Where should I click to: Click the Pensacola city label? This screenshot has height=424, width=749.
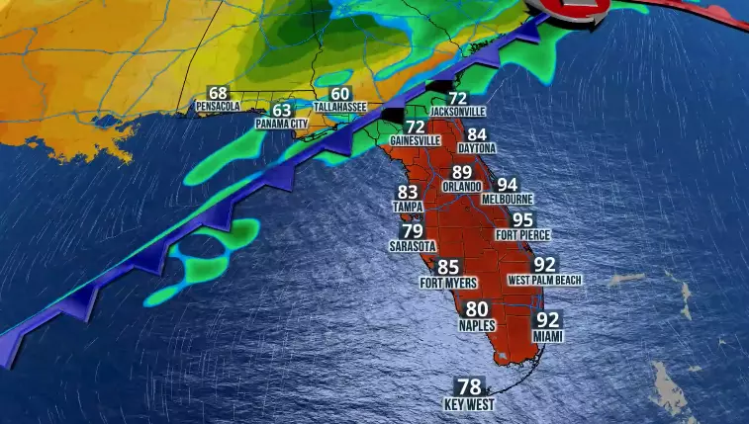point(219,106)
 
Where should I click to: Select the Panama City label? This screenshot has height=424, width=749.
point(282,124)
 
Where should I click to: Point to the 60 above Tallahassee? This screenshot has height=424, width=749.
point(340,95)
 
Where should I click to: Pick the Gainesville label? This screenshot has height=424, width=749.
point(416,141)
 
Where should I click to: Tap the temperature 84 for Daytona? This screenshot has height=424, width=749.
point(477,134)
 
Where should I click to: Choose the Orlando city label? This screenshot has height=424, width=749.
point(462,186)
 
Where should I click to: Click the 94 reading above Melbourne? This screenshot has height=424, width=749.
point(508,185)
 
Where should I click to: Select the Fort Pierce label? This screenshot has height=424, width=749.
point(522,235)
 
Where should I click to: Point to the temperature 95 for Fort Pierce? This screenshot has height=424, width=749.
point(522,220)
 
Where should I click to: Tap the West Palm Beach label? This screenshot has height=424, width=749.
point(545,280)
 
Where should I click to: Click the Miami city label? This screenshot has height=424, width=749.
point(547,336)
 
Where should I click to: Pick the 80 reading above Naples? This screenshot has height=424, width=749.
point(477,309)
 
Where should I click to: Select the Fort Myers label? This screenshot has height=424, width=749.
point(448,283)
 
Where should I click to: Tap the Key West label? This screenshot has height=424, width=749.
point(469,404)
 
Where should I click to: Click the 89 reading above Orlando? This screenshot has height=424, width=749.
point(462,172)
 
